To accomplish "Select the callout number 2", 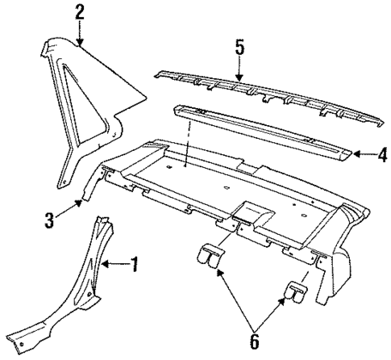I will [79, 12].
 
